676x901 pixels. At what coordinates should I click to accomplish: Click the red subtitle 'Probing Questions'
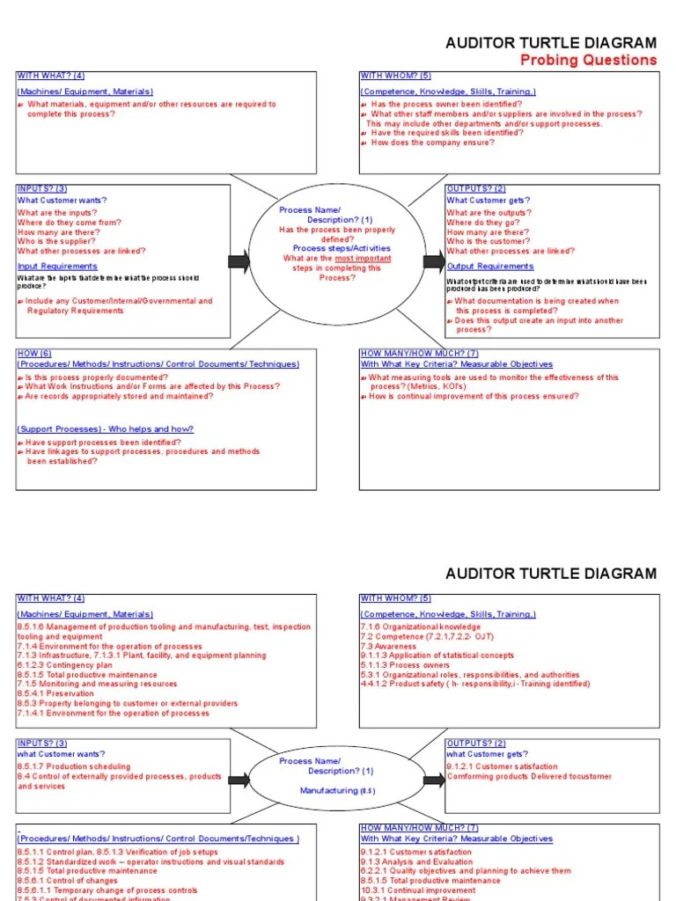(x=588, y=60)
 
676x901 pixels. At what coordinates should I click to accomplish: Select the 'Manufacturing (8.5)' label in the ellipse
(x=337, y=791)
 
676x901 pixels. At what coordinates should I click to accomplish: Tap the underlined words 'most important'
(x=363, y=259)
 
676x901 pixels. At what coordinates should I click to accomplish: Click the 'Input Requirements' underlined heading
(x=57, y=266)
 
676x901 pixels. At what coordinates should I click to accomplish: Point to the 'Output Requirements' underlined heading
(x=489, y=266)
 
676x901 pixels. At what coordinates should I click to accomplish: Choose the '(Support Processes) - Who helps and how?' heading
(x=106, y=429)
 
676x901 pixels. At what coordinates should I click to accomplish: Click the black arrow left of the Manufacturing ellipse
(x=239, y=780)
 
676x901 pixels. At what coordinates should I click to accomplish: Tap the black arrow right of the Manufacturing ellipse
(x=433, y=780)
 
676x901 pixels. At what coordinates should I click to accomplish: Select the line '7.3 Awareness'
(x=389, y=646)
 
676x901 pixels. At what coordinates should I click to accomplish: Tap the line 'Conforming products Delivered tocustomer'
(x=529, y=776)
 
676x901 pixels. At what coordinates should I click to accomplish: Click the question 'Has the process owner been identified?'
(x=446, y=104)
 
